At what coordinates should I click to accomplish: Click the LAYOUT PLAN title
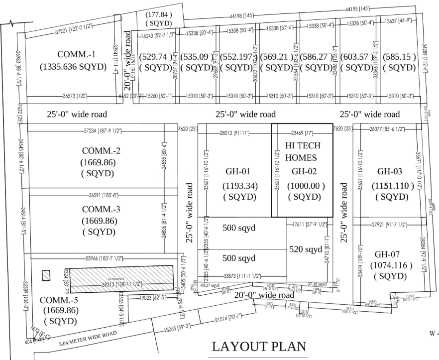coord(259,346)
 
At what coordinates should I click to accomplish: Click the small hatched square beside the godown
coord(46,275)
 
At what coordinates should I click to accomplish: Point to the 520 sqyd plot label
coord(306,249)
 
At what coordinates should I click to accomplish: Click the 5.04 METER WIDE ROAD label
coord(88,339)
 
